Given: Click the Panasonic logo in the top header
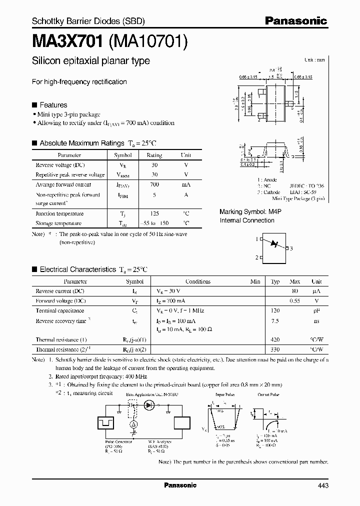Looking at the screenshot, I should click(x=295, y=21).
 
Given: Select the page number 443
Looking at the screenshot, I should click(x=323, y=485).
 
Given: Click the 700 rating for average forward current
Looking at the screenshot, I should click(x=154, y=184).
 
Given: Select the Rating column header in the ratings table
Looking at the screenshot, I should click(x=154, y=155).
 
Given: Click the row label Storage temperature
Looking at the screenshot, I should click(x=58, y=223).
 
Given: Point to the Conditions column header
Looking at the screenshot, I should click(x=198, y=281).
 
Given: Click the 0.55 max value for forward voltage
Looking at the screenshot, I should click(x=295, y=300).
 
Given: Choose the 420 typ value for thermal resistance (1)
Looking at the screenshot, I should click(x=275, y=339).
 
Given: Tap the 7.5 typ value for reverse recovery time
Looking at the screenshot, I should click(x=275, y=320).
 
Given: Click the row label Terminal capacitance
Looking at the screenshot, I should click(x=59, y=310).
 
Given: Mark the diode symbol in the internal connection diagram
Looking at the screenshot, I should click(x=273, y=243).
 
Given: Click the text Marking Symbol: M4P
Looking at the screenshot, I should click(x=250, y=212).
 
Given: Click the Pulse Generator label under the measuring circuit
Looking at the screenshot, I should click(x=118, y=441).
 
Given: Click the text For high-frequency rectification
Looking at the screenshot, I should click(x=79, y=81).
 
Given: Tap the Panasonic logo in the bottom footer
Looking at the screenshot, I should click(x=180, y=485).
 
